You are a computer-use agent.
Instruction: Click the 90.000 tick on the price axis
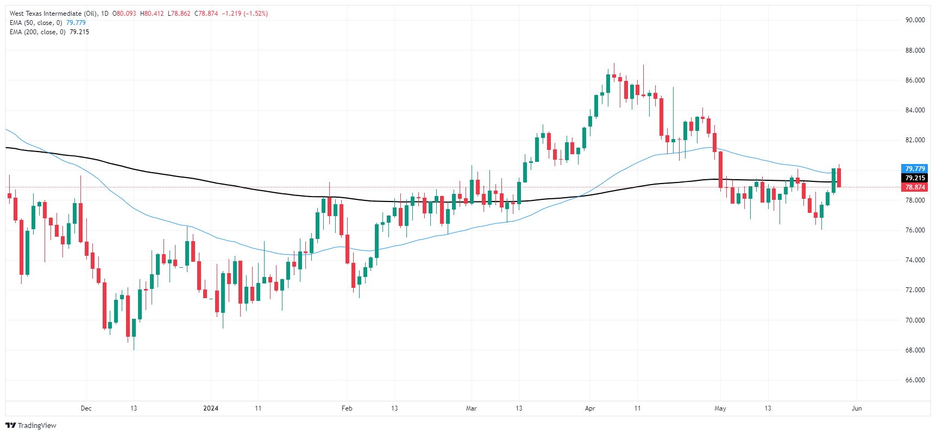(x=915, y=20)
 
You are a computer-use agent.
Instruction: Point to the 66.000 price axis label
(x=915, y=380)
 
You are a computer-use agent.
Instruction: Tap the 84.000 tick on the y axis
(x=915, y=110)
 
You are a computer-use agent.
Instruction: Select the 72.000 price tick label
(x=915, y=290)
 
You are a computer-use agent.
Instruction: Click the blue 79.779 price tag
(x=915, y=169)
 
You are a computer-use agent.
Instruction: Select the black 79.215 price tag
(x=915, y=178)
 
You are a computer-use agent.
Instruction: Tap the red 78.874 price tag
(x=915, y=187)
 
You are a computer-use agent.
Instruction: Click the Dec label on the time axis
(x=86, y=408)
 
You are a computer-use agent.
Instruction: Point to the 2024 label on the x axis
(x=210, y=408)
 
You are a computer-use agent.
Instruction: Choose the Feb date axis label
(x=347, y=408)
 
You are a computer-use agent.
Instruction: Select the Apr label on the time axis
(x=590, y=408)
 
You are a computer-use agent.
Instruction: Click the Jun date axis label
(x=857, y=408)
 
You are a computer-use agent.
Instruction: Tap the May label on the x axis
(x=720, y=408)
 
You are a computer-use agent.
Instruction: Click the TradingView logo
(x=31, y=426)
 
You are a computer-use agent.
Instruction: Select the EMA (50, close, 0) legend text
(x=36, y=23)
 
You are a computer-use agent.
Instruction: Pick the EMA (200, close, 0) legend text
(x=37, y=32)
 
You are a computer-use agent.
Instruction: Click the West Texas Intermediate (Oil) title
(x=53, y=14)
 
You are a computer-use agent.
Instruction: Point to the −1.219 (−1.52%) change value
(x=245, y=14)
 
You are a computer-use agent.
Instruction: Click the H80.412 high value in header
(x=152, y=14)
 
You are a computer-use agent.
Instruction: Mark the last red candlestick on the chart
(x=839, y=178)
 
